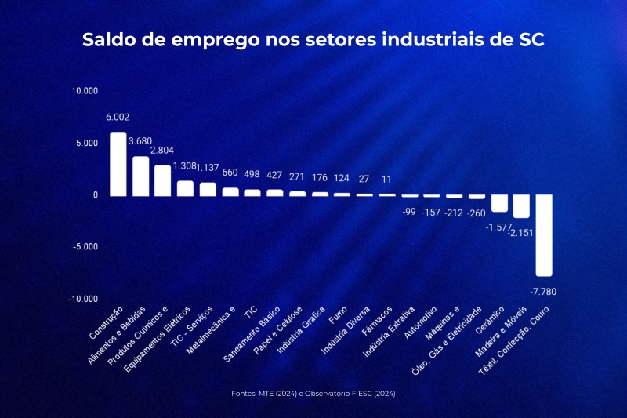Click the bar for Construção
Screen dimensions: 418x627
coord(118,164)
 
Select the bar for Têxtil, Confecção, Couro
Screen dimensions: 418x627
coord(544,235)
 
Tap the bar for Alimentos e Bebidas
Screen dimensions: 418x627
coord(140,176)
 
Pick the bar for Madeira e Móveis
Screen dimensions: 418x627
coord(521,206)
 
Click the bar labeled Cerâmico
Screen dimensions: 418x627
coord(499,203)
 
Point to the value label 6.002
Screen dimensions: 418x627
coord(118,118)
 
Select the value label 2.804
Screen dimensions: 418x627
coord(162,151)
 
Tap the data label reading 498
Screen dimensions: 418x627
coord(252,173)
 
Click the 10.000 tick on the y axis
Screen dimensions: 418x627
coord(85,91)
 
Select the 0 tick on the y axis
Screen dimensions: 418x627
coord(96,195)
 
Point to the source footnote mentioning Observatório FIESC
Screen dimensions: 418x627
coord(313,393)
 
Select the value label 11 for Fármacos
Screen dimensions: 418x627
coord(386,179)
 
